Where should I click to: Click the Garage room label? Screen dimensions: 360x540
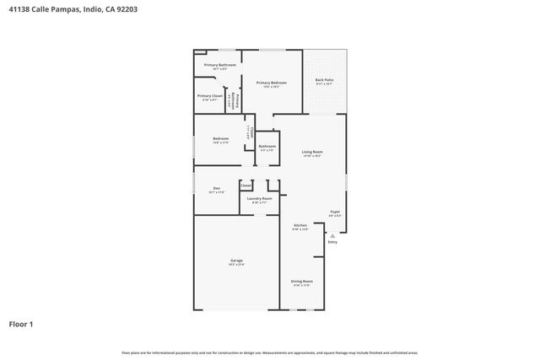tap(236, 261)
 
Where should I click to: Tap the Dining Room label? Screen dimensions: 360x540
tap(302, 281)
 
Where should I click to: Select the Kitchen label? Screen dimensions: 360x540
tap(300, 225)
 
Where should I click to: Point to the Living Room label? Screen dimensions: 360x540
tap(312, 152)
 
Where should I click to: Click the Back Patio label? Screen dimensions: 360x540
tap(325, 80)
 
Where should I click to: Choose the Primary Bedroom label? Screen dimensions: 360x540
tap(272, 83)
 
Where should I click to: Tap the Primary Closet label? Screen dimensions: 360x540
tap(209, 96)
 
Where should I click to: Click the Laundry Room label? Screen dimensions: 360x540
tap(259, 199)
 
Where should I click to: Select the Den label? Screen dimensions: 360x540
tap(217, 188)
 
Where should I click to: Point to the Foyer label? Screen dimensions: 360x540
tap(335, 212)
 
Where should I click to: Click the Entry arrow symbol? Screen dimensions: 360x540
tap(332, 236)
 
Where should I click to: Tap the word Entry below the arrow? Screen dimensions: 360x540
tap(332, 243)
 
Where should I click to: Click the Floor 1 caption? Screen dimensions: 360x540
tap(23, 323)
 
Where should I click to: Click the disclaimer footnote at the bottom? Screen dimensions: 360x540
tap(269, 352)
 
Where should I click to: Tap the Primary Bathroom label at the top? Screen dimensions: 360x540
tap(219, 65)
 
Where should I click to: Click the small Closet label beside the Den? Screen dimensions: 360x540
tap(246, 185)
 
